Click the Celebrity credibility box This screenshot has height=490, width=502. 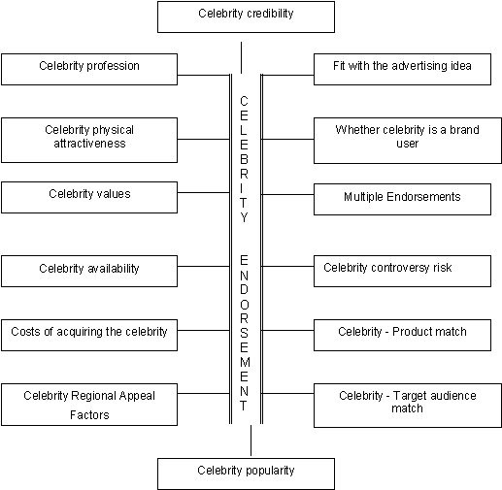[x=246, y=16]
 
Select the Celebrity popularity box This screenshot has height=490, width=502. [x=246, y=474]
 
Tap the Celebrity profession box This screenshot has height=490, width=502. [x=89, y=69]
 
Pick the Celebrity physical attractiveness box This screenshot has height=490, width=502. [x=89, y=140]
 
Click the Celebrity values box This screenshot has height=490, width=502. [x=89, y=197]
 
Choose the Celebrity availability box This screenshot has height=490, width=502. [x=89, y=271]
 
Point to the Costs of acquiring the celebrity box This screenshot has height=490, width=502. [x=89, y=335]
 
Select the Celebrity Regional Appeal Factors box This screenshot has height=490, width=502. [x=89, y=405]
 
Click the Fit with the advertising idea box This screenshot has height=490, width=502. [x=402, y=69]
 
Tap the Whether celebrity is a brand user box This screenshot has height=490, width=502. [x=408, y=141]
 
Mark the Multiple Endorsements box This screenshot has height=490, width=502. [x=402, y=199]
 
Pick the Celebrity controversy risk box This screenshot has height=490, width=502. [x=402, y=271]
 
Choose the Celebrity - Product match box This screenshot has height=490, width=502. [x=402, y=335]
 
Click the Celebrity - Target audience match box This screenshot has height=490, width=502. [x=408, y=406]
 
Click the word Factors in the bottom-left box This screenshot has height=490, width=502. [x=89, y=414]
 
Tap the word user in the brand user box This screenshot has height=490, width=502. [x=408, y=144]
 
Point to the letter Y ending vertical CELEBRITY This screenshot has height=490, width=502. [x=244, y=217]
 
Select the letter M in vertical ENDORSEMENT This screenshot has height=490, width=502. [x=245, y=362]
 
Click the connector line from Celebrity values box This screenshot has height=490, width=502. [x=204, y=193]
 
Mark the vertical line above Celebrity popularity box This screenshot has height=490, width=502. [x=251, y=441]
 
